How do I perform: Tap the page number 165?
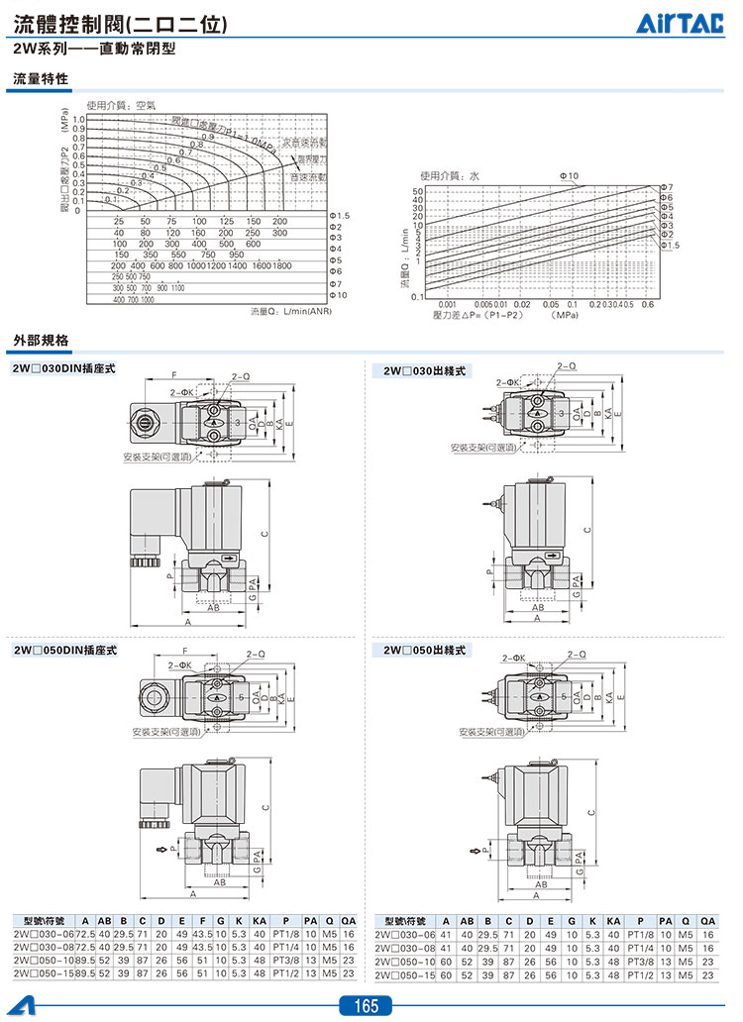tap(366, 1006)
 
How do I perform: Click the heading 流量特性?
tap(41, 79)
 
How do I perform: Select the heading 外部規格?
tap(41, 341)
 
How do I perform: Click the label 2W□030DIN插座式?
tap(64, 368)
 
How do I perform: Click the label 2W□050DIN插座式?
tap(64, 651)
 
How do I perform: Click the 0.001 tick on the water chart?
tap(447, 305)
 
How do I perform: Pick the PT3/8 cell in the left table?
tap(286, 962)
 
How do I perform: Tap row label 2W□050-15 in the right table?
tap(405, 975)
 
